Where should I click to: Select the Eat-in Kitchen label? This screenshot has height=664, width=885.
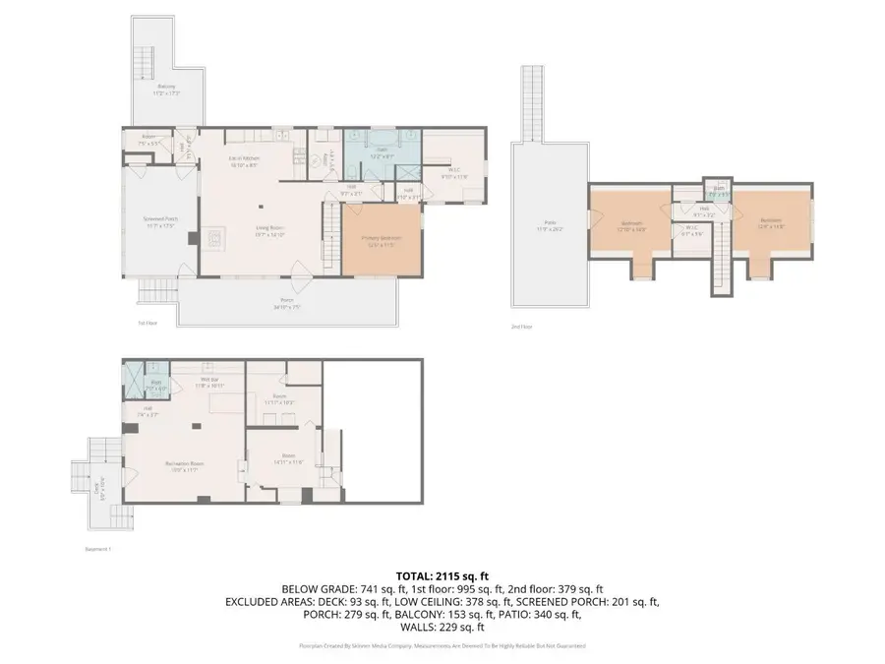click(244, 161)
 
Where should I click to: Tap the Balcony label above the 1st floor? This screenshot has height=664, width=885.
click(167, 89)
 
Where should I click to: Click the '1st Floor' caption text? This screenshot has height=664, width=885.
click(147, 322)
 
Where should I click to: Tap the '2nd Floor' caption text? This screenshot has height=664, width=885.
click(521, 326)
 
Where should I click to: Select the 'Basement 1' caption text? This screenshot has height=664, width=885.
click(99, 549)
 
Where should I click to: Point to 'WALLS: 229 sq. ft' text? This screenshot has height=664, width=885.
click(442, 627)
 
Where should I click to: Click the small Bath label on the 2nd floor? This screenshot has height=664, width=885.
click(719, 190)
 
